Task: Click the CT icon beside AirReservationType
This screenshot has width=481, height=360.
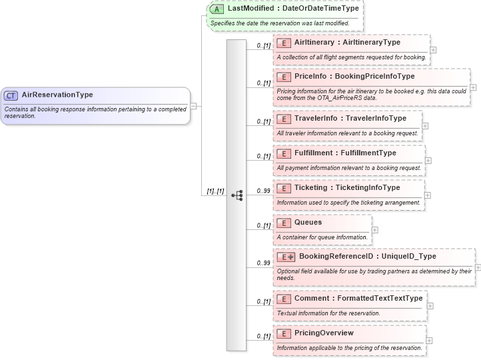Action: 11,95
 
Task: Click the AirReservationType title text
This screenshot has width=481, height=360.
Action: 57,95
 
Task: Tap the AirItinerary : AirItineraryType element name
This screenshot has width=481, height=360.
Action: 347,42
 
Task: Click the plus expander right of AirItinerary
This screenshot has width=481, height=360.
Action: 434,49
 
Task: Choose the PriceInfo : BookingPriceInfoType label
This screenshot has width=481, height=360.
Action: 354,77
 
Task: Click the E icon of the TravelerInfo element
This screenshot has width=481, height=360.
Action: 283,119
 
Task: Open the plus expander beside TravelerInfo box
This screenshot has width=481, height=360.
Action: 426,125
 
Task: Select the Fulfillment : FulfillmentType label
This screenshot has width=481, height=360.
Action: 345,153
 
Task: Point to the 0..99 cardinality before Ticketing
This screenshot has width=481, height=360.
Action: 263,191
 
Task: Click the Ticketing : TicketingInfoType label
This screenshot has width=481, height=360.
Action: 347,188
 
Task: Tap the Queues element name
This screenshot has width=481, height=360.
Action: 308,223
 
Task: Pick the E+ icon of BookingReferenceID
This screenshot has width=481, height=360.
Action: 286,257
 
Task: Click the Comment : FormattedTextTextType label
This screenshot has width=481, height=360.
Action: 358,299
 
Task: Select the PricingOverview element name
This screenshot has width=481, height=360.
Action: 324,333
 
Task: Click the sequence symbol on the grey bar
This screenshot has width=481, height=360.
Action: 237,195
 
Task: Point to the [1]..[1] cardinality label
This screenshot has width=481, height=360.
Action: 215,191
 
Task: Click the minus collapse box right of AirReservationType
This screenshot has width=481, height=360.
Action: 193,105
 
